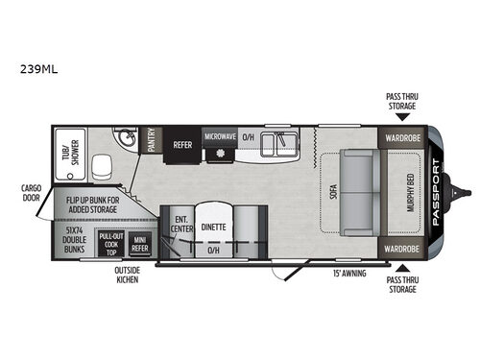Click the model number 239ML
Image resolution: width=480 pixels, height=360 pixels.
point(34,69)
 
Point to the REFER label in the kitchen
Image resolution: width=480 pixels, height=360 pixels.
point(182,145)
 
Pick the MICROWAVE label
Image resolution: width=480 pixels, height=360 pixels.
point(221,137)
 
